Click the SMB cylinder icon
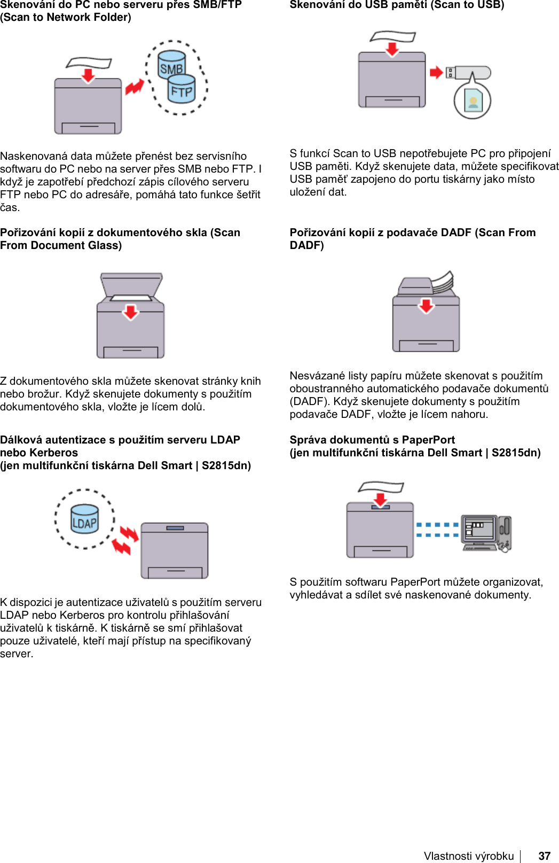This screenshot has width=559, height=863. pos(171,64)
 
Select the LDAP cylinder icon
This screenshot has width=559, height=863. pos(85,519)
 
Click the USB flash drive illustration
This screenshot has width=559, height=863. pos(468,73)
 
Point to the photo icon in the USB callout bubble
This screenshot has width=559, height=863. pos(473,100)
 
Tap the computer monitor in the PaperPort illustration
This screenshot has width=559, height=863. pos(479,530)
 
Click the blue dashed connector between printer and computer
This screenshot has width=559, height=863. pos(437,530)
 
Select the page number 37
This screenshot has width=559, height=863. pos(544,856)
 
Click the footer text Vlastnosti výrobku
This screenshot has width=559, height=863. pos(469,856)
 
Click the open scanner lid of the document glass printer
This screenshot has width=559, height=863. pos(131,284)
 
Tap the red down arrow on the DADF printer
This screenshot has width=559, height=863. pos(426,306)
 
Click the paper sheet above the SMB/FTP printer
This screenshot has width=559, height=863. pos(89,63)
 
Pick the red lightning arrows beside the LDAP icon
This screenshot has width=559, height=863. pos(124,540)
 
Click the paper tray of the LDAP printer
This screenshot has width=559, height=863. pos(175,572)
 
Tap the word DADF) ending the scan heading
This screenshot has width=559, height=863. pos(307,245)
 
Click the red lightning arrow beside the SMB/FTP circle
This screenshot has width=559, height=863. pos(135,87)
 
